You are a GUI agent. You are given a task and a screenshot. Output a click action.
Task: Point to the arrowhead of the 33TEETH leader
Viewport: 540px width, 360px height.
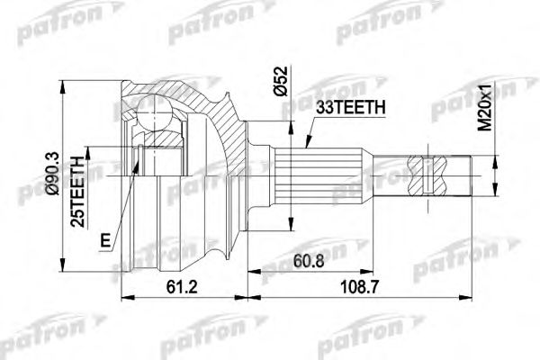coord(304,147)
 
